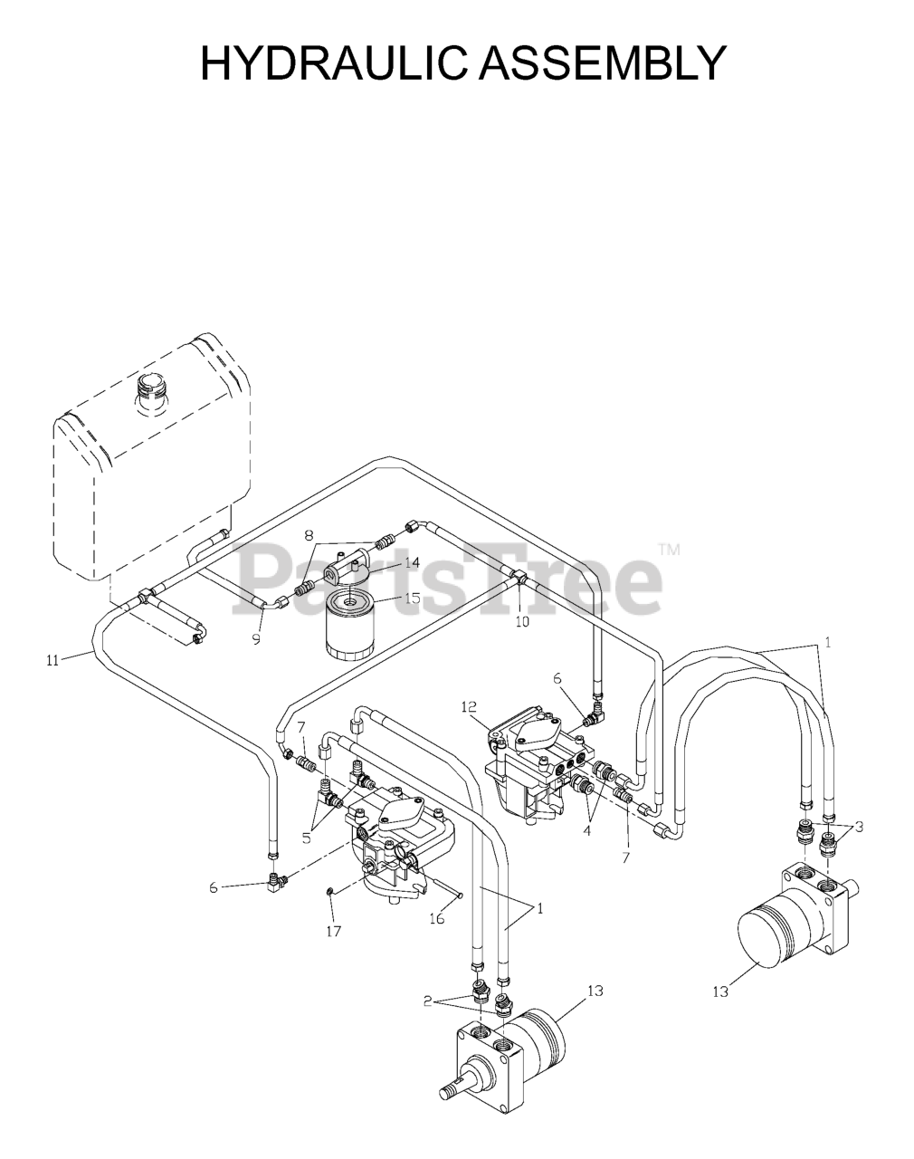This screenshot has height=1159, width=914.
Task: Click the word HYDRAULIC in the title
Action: point(328,63)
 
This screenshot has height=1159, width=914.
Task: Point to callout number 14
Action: point(412,562)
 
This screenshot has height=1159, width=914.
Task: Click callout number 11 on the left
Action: point(52,660)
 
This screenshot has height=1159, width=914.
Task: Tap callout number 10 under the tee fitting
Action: point(522,622)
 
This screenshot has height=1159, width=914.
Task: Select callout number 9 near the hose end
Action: point(256,639)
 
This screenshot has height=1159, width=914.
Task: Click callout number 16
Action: point(436,918)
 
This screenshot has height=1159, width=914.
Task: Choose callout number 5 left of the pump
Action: point(307,838)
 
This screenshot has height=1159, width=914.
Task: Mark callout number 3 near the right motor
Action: point(859,826)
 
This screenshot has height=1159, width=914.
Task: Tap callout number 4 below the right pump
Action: point(586,829)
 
